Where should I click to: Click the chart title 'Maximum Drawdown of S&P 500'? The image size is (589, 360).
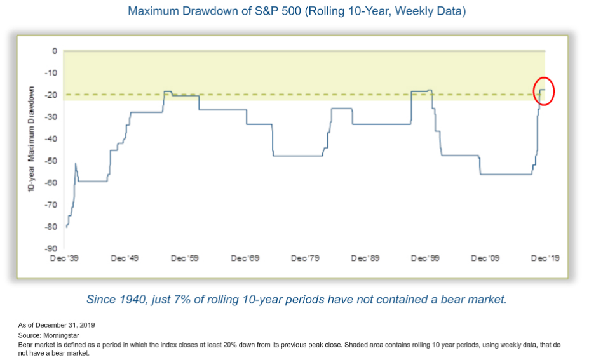[214, 11]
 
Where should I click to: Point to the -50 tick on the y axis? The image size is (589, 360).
[51, 161]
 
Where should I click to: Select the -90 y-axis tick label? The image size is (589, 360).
[51, 248]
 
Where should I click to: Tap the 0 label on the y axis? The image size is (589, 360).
[55, 51]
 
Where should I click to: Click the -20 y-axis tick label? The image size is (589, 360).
[51, 95]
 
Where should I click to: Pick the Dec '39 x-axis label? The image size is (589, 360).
[64, 258]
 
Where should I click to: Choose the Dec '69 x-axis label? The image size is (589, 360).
[245, 258]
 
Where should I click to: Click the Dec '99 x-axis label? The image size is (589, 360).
[425, 258]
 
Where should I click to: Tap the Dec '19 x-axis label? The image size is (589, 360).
[545, 258]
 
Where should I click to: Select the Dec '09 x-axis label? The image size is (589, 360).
[485, 258]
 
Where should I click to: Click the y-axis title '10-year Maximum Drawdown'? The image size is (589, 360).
[31, 139]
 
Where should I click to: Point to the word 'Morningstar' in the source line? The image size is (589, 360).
[61, 335]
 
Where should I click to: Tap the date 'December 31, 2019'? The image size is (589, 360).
[65, 325]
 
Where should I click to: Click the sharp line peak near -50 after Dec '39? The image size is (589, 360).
[76, 163]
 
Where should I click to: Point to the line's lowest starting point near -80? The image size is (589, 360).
[67, 227]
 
